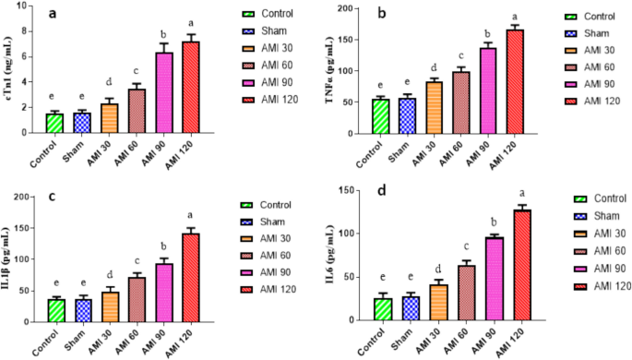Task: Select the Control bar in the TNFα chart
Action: [355, 115]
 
